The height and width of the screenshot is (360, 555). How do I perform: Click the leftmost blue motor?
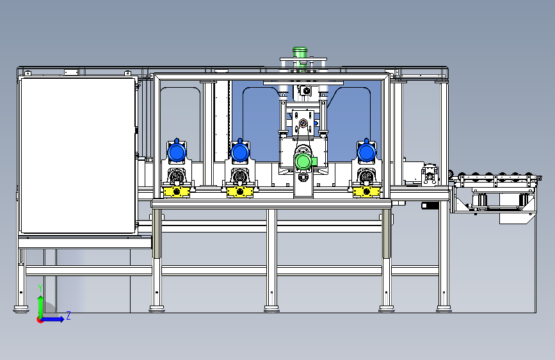click(x=177, y=152)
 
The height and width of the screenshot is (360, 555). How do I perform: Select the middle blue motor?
click(x=240, y=152)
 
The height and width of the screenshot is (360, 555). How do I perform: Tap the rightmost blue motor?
click(x=367, y=152)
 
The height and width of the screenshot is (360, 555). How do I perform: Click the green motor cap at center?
click(x=303, y=161)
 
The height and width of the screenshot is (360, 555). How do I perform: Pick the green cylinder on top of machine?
click(x=300, y=52)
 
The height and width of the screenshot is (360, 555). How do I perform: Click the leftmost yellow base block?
click(x=177, y=192)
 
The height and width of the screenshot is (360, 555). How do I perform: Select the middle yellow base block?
click(x=240, y=192)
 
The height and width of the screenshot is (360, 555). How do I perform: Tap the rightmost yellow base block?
click(x=367, y=192)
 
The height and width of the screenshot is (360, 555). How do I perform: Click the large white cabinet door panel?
click(x=78, y=156)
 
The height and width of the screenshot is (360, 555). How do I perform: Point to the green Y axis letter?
click(x=40, y=288)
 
